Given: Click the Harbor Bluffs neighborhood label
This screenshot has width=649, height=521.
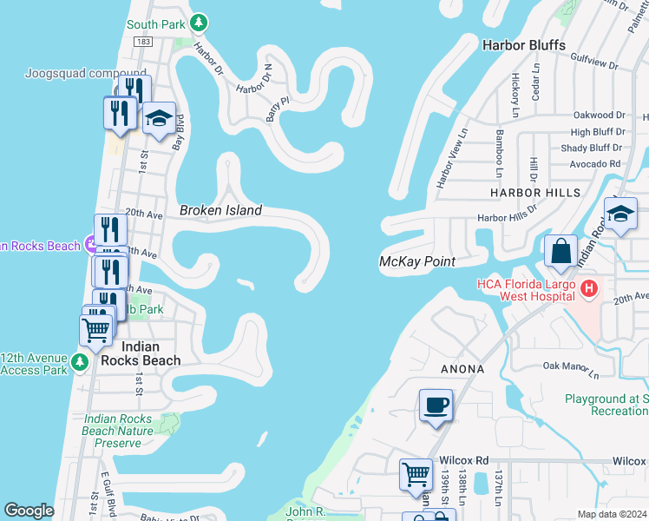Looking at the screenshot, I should [523, 44].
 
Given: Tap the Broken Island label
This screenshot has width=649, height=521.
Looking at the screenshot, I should [220, 210].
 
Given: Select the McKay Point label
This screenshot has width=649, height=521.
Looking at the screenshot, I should [417, 261].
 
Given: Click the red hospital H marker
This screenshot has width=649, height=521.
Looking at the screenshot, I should [589, 287].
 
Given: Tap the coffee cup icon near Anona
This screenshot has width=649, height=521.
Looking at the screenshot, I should [436, 405].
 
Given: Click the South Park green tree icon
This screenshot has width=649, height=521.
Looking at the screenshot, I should [199, 21].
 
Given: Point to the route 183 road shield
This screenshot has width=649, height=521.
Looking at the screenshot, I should [143, 41].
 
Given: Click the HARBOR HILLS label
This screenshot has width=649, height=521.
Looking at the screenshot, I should [528, 192].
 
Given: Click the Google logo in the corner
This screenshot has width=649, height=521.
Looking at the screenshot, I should [29, 511].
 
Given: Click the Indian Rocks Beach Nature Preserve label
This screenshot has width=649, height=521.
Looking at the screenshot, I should [118, 431].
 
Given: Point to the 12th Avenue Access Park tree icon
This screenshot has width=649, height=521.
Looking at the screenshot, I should [80, 361].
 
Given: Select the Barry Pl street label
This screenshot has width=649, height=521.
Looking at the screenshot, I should [277, 110].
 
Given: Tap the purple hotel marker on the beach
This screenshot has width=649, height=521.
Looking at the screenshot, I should [93, 246].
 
